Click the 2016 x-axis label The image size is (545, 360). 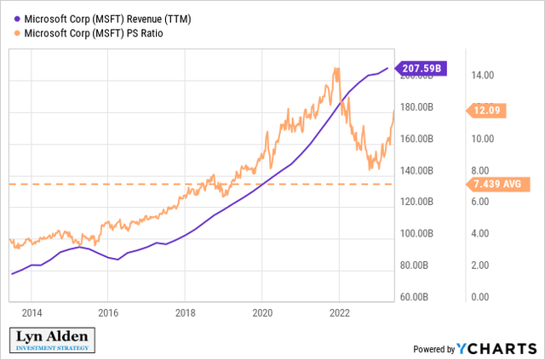[108, 312]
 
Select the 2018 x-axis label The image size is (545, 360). [185, 312]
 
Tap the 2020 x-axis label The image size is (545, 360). [262, 312]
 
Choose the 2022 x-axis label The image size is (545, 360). [339, 312]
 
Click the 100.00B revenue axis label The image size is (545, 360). [417, 233]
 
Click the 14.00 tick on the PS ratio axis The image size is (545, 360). [483, 76]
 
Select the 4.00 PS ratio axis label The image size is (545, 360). [483, 233]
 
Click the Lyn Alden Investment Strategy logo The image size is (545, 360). [54, 340]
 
